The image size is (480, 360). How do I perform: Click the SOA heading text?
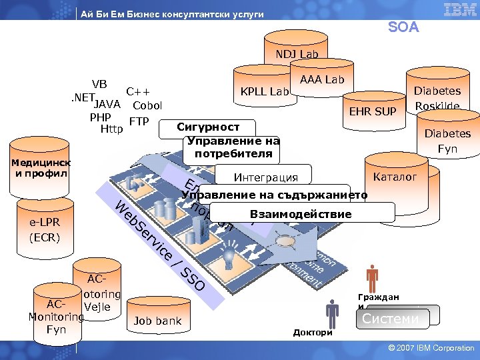403,27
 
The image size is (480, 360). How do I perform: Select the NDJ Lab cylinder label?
297,54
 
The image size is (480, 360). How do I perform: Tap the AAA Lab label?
322,80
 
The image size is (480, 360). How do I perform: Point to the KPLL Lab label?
265,91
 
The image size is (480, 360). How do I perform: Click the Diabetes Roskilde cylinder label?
437,99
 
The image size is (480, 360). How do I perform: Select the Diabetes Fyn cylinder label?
447,141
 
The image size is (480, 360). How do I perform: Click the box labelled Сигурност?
208,127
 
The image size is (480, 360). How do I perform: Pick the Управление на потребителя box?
233,147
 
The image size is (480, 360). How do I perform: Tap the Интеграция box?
265,177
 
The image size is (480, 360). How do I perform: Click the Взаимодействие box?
301,213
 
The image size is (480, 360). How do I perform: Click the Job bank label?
157,321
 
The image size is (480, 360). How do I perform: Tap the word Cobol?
147,105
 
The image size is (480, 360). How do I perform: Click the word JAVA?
107,105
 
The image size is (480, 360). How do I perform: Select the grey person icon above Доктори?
331,312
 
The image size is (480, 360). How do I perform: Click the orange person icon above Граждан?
372,278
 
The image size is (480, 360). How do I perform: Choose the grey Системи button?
391,319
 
